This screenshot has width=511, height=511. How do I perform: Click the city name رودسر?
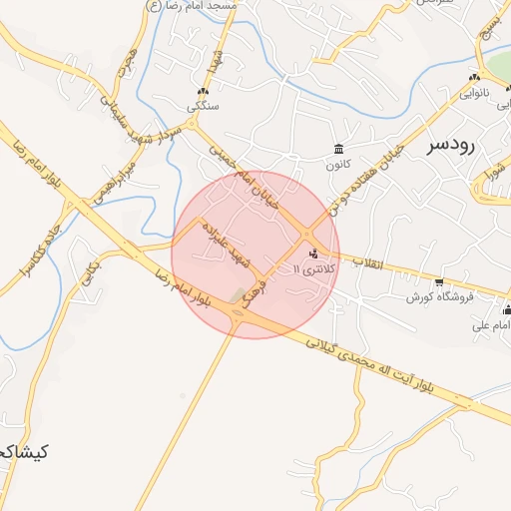pos(452,145)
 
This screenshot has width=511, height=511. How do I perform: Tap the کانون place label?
pos(339,164)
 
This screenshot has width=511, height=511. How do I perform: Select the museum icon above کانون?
pos(339,150)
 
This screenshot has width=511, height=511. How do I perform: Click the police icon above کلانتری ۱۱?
pos(315,254)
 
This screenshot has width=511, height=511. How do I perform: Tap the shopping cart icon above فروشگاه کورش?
pos(439,282)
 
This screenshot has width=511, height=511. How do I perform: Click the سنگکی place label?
pos(203,105)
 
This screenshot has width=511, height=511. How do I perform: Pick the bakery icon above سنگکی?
pos(203,91)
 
